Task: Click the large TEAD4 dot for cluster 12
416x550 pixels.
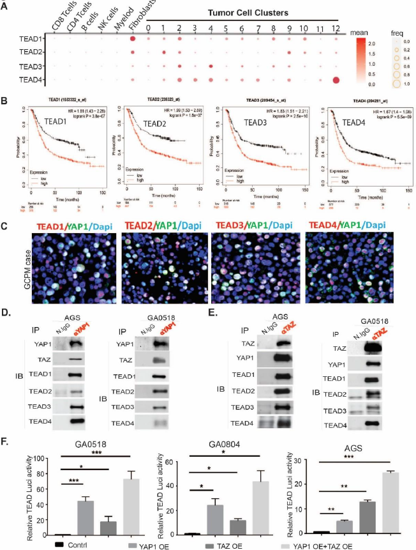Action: tap(336, 80)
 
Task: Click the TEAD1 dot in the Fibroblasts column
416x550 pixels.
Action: tap(133, 39)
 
